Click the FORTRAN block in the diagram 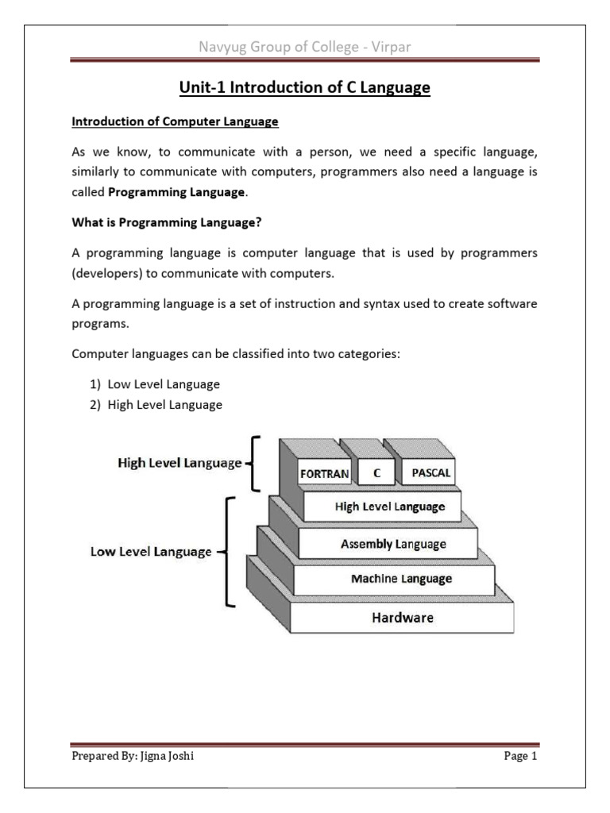coord(324,474)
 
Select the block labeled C coord(377,472)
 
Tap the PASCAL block coord(431,472)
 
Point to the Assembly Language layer coord(393,544)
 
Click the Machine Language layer coord(401,579)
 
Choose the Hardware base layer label coord(403,616)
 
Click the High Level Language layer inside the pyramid coord(390,507)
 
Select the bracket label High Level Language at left coord(180,462)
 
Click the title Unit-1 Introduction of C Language coord(305,89)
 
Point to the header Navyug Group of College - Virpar coord(305,49)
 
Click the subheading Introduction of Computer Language coord(176,121)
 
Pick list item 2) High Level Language coord(155,405)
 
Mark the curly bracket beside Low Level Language coord(228,551)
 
